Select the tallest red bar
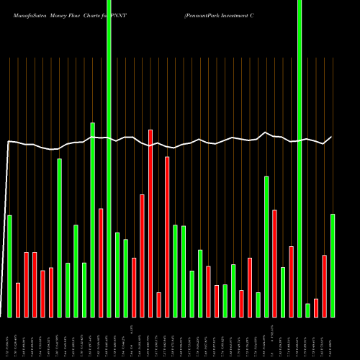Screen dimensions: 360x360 (x=150, y=223)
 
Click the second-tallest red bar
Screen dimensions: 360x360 (x=167, y=237)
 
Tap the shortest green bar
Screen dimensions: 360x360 (x=307, y=310)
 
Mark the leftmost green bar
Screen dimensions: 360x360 (x=9, y=266)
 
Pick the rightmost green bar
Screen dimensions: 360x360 (x=333, y=266)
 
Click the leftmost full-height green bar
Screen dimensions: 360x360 (x=109, y=158)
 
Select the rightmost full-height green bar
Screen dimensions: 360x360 (x=300, y=158)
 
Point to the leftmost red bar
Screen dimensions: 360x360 (x=18, y=300)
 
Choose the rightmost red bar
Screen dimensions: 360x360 (x=324, y=286)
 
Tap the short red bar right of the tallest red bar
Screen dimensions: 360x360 (x=158, y=305)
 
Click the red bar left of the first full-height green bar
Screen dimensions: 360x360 (x=101, y=263)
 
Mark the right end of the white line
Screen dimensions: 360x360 (x=332, y=137)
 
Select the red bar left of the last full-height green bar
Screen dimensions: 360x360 (x=291, y=282)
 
